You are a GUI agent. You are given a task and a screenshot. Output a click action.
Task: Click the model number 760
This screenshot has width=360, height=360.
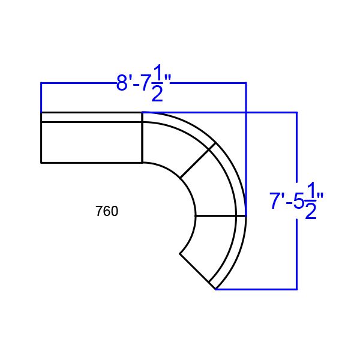(x=107, y=211)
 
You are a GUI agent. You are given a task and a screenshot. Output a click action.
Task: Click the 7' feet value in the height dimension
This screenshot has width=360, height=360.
(x=277, y=201)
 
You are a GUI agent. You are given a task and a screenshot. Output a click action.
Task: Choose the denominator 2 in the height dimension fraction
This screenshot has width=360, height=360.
(x=310, y=212)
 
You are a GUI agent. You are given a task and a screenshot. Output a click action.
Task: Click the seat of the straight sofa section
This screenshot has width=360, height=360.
(x=91, y=142)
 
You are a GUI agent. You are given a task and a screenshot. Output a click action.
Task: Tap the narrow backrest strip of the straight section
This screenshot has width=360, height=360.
(x=91, y=117)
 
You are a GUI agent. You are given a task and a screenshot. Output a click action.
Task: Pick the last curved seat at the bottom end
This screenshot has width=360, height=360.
(x=210, y=246)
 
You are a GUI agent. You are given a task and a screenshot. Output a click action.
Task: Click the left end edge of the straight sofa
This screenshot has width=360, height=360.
(x=41, y=137)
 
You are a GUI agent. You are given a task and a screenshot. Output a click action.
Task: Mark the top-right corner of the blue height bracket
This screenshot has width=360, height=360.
(x=296, y=112)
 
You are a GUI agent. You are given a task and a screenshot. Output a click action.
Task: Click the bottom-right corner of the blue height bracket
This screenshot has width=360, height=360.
(x=296, y=289)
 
